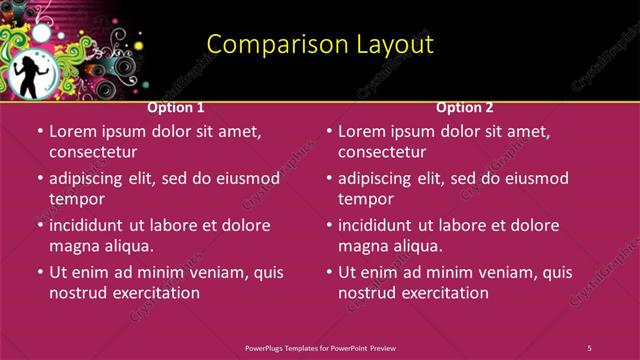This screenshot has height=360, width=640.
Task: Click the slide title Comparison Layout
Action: pyautogui.click(x=320, y=44)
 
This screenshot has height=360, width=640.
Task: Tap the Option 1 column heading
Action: pyautogui.click(x=176, y=107)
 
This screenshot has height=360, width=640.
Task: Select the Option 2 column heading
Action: pyautogui.click(x=465, y=107)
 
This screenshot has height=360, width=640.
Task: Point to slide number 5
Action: pyautogui.click(x=589, y=348)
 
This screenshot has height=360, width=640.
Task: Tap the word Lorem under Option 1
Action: pyautogui.click(x=74, y=131)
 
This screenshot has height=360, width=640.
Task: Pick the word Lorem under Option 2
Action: pyautogui.click(x=363, y=131)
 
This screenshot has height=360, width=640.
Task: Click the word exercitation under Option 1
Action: pyautogui.click(x=153, y=293)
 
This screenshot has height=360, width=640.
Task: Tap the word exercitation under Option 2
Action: pyautogui.click(x=442, y=293)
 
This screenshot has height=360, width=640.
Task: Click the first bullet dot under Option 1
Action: pyautogui.click(x=39, y=131)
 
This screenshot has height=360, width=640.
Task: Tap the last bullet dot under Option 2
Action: pyautogui.click(x=328, y=272)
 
